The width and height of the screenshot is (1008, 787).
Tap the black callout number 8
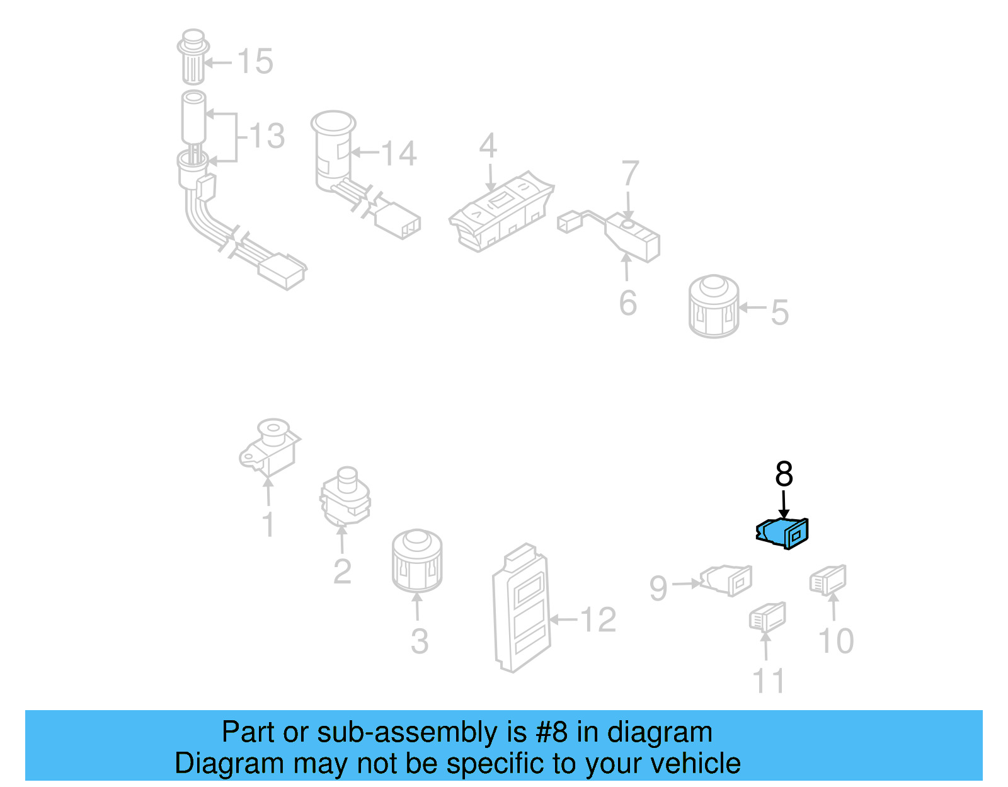pos(784,474)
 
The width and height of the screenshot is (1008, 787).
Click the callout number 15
pos(255,62)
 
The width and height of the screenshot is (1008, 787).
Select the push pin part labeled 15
pos(193,57)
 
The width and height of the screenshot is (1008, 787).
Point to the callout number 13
pos(267,136)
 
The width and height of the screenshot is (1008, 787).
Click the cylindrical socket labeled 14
pos(333,151)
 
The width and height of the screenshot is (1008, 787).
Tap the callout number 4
pos(488,146)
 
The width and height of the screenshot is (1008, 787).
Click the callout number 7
pos(630,173)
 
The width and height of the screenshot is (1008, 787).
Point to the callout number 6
pos(627,303)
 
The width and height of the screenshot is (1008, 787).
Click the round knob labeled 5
pos(714,307)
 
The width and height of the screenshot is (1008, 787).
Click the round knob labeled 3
pos(416,561)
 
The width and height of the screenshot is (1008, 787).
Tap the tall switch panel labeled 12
pos(521,608)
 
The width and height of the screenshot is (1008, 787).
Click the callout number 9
pos(658,589)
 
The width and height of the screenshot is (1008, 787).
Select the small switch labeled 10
pos(828,580)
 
